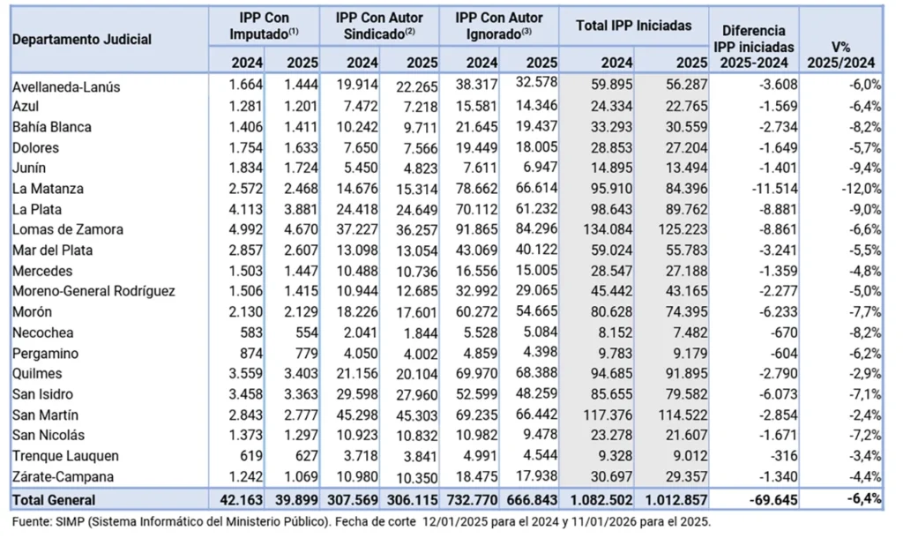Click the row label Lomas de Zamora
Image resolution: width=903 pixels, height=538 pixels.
pyautogui.click(x=67, y=229)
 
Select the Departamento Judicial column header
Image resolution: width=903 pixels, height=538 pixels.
pyautogui.click(x=82, y=39)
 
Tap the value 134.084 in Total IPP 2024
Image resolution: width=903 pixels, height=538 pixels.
pyautogui.click(x=608, y=229)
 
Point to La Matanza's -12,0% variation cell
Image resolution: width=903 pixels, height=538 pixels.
pyautogui.click(x=862, y=189)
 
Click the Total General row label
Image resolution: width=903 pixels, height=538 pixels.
pyautogui.click(x=54, y=499)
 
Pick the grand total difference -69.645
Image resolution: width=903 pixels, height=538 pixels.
pyautogui.click(x=773, y=499)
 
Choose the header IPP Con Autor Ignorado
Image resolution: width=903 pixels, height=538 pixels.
pyautogui.click(x=499, y=26)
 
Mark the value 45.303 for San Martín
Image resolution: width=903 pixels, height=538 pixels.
pyautogui.click(x=416, y=415)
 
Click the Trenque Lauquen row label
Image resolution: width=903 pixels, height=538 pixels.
pyautogui.click(x=65, y=456)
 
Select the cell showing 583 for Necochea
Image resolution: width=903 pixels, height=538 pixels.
pyautogui.click(x=250, y=333)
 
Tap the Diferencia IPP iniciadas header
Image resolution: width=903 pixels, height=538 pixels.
pyautogui.click(x=754, y=47)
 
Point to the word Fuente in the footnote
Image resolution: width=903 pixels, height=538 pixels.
pyautogui.click(x=33, y=522)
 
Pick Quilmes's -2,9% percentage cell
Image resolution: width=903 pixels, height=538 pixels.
pyautogui.click(x=865, y=373)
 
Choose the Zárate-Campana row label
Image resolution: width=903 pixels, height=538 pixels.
pyautogui.click(x=63, y=476)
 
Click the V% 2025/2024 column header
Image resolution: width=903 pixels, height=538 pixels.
pyautogui.click(x=840, y=55)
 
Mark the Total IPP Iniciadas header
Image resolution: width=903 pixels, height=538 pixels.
pyautogui.click(x=633, y=26)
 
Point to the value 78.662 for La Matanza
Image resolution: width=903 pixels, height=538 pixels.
pyautogui.click(x=476, y=189)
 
